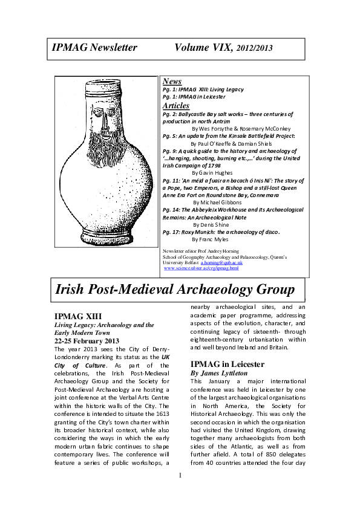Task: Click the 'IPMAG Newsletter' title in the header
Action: point(94,48)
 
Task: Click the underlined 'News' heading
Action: point(172,82)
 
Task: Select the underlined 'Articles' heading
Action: point(176,106)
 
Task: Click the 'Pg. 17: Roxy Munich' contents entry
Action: point(221,231)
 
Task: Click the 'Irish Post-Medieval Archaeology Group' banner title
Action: point(175,290)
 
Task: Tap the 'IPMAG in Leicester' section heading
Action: point(227,365)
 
